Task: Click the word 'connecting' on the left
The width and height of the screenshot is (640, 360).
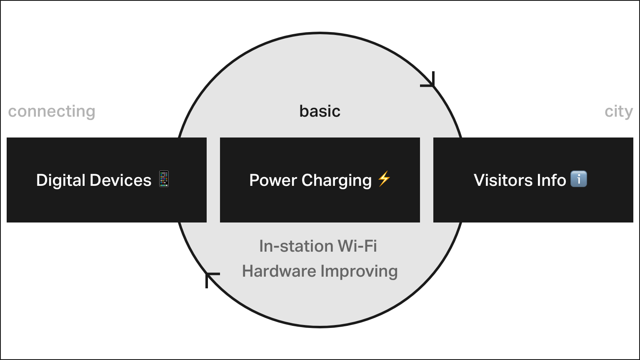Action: (x=52, y=112)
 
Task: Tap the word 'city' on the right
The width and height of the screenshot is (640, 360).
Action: (x=619, y=112)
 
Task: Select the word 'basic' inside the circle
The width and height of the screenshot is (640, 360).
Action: (x=320, y=111)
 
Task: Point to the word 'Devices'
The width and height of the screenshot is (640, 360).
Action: (x=120, y=180)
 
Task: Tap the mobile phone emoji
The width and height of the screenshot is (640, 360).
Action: (x=164, y=179)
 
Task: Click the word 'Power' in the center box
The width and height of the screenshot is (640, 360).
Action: (x=273, y=180)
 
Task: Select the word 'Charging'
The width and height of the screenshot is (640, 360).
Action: (x=337, y=181)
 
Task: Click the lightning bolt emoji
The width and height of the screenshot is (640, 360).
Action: (x=384, y=179)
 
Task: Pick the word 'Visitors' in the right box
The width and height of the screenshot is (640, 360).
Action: (x=503, y=180)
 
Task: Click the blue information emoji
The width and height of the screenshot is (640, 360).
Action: (x=579, y=179)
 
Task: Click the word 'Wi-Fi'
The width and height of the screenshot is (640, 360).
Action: (x=357, y=246)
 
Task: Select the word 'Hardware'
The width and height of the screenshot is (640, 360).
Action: (x=279, y=271)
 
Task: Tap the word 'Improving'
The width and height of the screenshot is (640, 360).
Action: (x=359, y=272)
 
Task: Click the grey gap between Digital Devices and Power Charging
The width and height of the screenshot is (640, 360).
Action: (x=213, y=180)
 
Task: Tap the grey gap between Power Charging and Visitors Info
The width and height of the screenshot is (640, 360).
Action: (x=427, y=180)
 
